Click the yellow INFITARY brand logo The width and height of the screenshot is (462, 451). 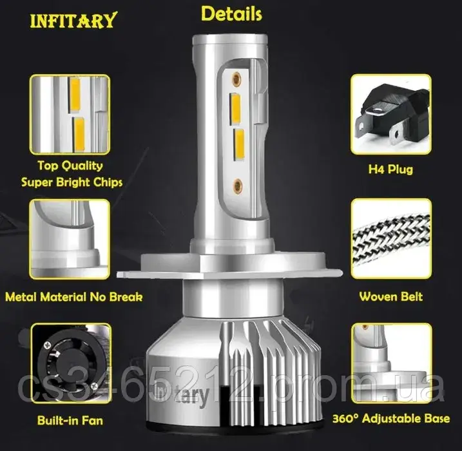coord(73,21)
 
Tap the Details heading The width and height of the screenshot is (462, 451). coord(231,14)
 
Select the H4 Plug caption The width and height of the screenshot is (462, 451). coord(390,169)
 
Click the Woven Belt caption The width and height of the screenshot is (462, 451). coord(390,296)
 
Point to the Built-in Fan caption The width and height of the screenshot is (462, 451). coord(70,420)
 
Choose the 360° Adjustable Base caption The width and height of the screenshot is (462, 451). coord(391,418)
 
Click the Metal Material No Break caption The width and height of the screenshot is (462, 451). coord(74,297)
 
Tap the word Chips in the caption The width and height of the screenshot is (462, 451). coord(108,182)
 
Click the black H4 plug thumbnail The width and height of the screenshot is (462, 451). coord(391,114)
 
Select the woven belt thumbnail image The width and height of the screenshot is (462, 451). coord(391,238)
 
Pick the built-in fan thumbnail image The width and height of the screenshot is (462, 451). coord(71,363)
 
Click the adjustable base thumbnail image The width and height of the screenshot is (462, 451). coord(392,363)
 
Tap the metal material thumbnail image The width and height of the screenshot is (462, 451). coord(70,239)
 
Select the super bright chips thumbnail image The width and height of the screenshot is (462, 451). coord(70,115)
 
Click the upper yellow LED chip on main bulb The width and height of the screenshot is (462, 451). coord(236,110)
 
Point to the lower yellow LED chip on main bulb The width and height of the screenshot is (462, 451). coord(239,144)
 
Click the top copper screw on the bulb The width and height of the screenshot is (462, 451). coord(236,79)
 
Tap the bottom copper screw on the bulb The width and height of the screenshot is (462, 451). coord(238,186)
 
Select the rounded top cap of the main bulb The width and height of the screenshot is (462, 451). coord(230,41)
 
